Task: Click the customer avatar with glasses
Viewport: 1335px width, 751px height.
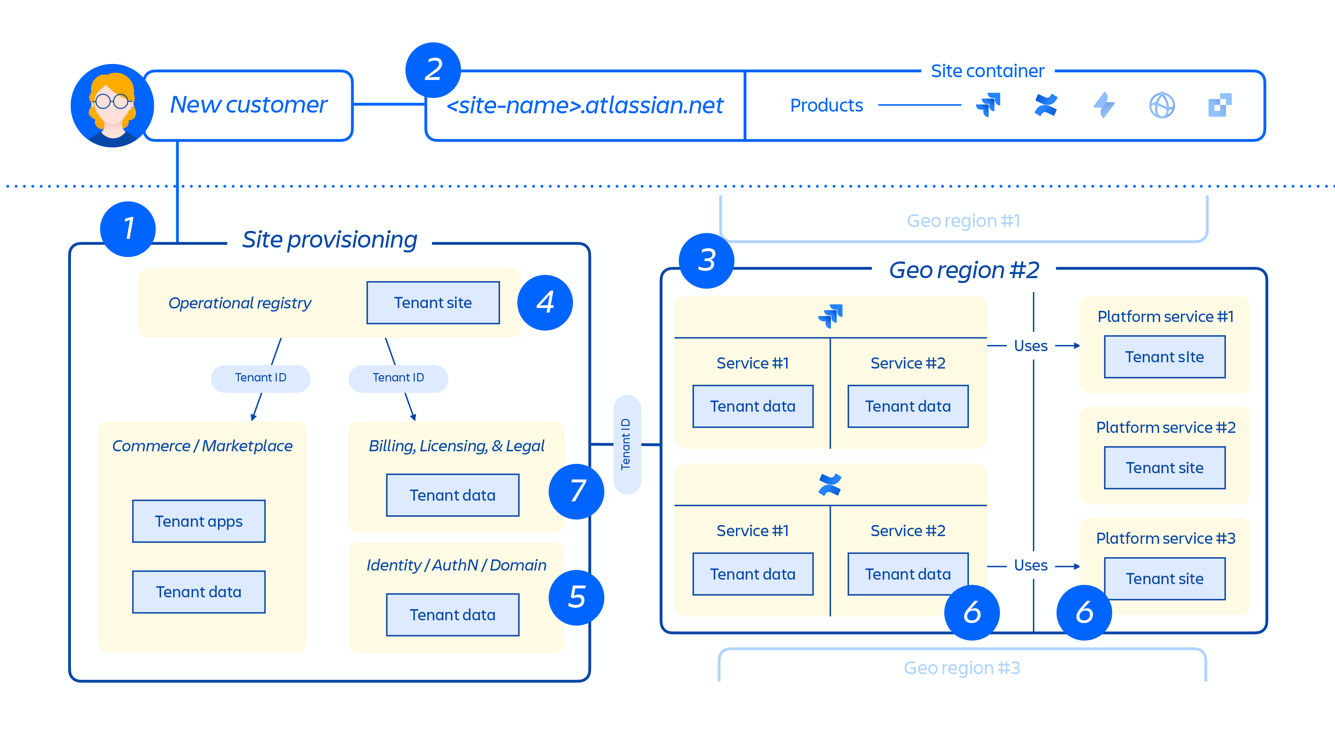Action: (x=112, y=106)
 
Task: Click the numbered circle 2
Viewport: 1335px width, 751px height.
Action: (x=433, y=70)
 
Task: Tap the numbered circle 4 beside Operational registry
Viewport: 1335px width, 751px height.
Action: (x=545, y=303)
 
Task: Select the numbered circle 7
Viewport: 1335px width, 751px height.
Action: (x=576, y=491)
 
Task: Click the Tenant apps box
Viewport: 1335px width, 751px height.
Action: (x=199, y=522)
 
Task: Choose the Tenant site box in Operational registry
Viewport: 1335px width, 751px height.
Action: (x=433, y=303)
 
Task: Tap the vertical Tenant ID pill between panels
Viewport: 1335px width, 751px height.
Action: (x=626, y=444)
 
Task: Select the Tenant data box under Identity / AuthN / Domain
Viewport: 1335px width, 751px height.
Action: (x=452, y=615)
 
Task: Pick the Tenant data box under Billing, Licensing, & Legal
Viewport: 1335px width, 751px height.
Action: (x=452, y=495)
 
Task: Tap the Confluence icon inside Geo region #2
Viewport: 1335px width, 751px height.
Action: (x=830, y=485)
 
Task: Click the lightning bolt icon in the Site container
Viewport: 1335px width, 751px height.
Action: (x=1104, y=105)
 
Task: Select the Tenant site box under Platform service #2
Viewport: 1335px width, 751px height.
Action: (x=1165, y=468)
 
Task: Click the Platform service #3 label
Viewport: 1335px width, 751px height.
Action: (x=1166, y=539)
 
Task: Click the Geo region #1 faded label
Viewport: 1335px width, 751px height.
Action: (x=963, y=221)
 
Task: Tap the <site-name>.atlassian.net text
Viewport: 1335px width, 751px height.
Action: (x=584, y=106)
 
